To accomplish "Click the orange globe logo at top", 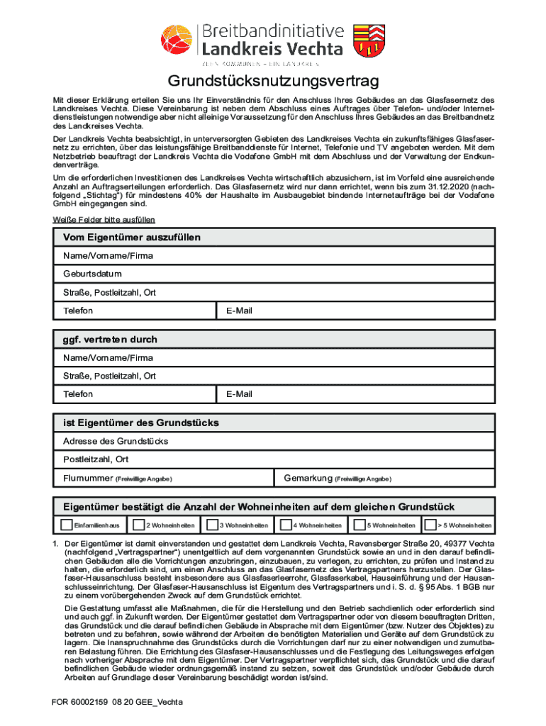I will coord(176,40).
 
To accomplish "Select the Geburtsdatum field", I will coord(273,274).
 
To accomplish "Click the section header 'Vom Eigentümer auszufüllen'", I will coord(132,237).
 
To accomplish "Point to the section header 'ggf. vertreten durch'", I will coord(110,340).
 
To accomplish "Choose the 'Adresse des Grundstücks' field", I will coord(273,441).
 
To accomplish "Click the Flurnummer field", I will coord(167,478).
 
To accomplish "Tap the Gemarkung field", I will coord(386,478).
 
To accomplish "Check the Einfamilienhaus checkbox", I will coord(67,525).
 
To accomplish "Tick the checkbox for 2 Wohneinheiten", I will coord(138,525).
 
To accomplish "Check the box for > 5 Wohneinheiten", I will coord(430,525).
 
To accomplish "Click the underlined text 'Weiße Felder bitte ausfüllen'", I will coord(104,220).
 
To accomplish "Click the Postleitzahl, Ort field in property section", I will coord(273,459).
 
